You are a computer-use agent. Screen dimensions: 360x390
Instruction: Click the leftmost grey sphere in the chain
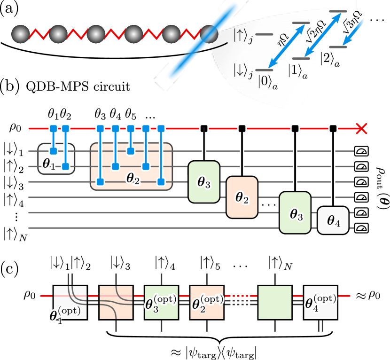point(20,34)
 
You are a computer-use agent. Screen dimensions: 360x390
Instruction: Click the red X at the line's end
point(361,128)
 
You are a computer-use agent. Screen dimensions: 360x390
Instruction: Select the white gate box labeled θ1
point(56,159)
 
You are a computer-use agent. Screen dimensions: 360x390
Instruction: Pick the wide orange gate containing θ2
point(131,166)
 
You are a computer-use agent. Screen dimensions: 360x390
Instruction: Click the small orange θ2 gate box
point(242,197)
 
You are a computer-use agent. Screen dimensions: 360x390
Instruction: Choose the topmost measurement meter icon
point(361,151)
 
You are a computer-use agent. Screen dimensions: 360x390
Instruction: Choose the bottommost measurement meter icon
point(361,228)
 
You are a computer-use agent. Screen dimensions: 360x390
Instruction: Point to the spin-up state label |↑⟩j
point(243,36)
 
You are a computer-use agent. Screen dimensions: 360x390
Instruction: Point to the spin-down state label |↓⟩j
point(243,71)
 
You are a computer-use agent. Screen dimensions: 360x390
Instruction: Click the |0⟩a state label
point(267,81)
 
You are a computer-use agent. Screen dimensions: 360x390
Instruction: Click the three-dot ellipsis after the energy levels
point(377,20)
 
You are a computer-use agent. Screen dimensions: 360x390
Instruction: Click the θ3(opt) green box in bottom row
point(161,302)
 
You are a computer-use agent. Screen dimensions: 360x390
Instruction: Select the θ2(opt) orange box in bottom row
point(207,302)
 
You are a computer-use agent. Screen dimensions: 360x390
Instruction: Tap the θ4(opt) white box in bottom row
point(320,302)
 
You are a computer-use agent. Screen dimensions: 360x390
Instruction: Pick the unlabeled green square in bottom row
point(275,302)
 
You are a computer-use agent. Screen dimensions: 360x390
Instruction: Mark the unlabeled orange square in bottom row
point(116,302)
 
